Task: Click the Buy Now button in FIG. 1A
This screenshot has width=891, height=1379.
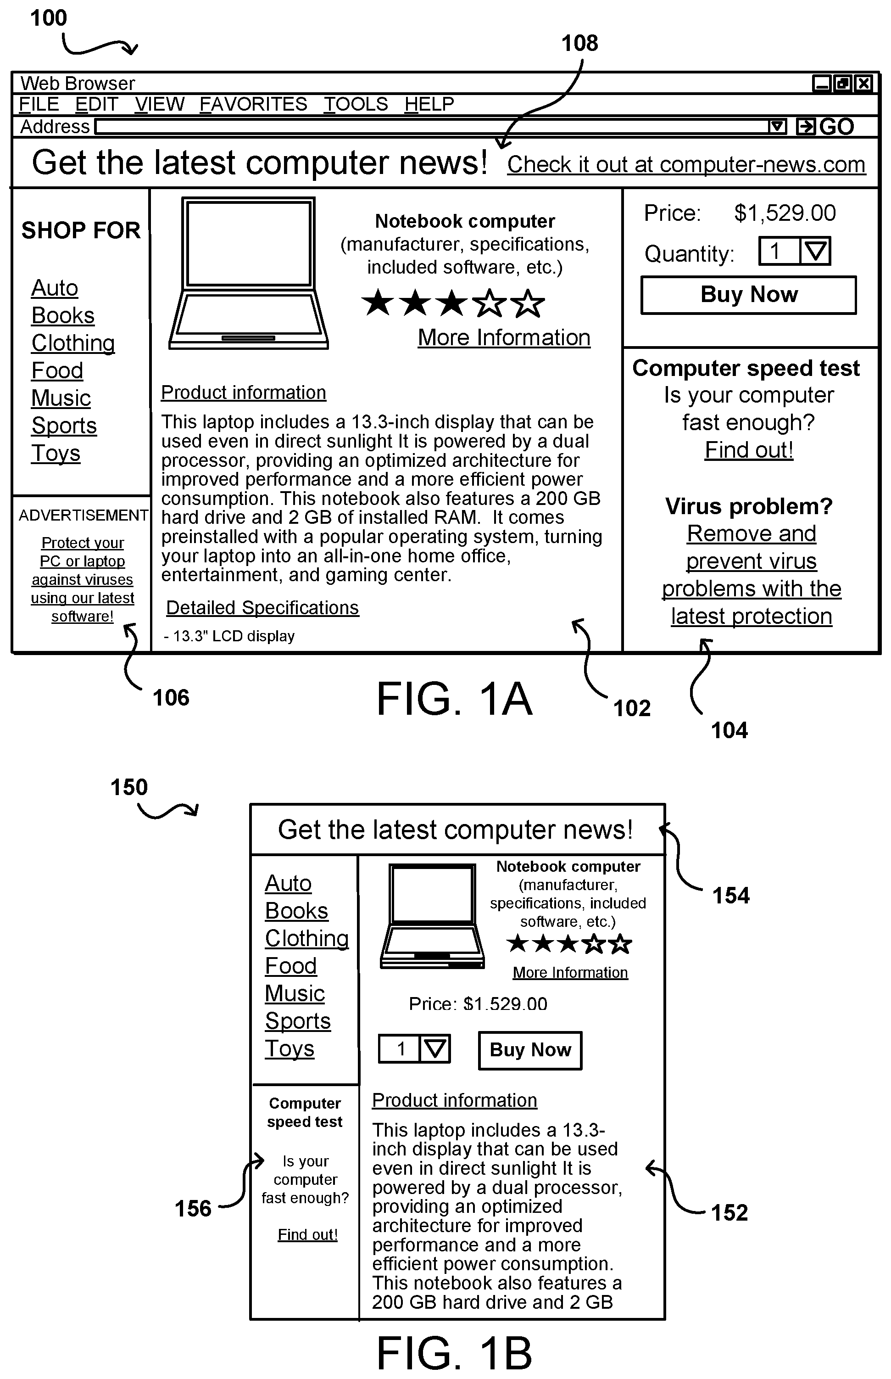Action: click(748, 295)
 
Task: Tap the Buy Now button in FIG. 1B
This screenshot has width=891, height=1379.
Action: click(530, 1049)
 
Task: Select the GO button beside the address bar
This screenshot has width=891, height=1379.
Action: click(826, 126)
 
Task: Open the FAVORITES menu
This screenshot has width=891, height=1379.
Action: click(253, 104)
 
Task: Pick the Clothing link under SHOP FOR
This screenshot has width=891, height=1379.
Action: click(73, 343)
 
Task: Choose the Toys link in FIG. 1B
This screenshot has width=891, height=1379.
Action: click(290, 1048)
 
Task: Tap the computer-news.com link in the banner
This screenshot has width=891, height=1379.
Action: click(686, 164)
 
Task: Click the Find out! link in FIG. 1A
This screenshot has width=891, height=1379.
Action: click(749, 450)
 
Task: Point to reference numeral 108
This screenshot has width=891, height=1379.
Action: click(580, 43)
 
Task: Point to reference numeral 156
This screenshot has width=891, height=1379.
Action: click(193, 1208)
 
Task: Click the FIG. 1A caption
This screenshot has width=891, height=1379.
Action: click(454, 699)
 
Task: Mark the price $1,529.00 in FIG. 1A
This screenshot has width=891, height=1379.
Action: click(785, 213)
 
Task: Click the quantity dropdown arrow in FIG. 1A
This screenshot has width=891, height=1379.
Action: click(815, 251)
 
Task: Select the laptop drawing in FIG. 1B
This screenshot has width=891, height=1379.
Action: click(432, 916)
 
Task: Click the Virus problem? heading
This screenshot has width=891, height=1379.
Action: click(749, 506)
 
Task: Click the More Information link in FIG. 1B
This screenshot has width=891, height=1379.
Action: click(570, 973)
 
